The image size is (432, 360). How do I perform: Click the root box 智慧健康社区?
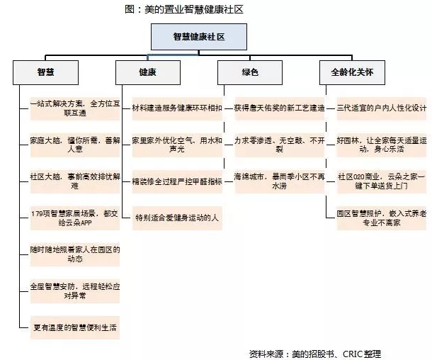click(198, 37)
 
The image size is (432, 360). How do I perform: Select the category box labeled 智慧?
click(45, 72)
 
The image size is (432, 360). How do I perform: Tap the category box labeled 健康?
click(148, 72)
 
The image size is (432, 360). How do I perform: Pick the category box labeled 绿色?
click(250, 72)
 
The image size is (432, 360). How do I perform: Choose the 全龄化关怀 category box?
click(352, 72)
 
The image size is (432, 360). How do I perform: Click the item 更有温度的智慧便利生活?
click(75, 327)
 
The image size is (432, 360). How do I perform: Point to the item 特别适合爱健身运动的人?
click(177, 218)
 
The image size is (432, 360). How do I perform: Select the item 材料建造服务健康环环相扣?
click(177, 108)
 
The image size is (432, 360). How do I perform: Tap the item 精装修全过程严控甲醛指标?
click(177, 181)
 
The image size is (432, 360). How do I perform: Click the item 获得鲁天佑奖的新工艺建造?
click(279, 108)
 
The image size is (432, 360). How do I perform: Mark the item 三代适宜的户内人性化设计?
click(382, 108)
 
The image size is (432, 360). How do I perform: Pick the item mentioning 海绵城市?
click(279, 181)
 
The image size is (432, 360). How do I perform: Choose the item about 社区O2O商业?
click(382, 181)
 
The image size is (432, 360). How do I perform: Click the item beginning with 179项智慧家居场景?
click(75, 218)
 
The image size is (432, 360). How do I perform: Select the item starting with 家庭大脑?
click(75, 145)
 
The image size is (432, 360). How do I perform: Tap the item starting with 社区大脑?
click(75, 181)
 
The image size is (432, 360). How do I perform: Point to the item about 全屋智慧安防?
click(75, 291)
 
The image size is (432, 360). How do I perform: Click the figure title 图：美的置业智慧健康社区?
click(184, 9)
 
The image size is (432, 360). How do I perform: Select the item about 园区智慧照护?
click(382, 218)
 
